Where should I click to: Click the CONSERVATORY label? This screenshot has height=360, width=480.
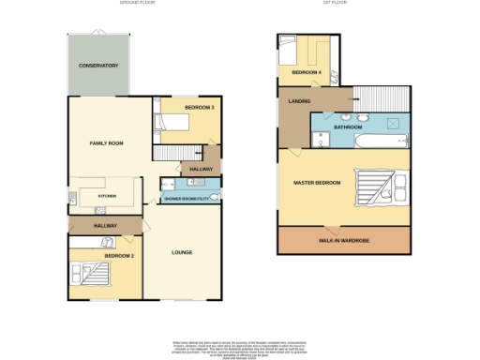(98, 66)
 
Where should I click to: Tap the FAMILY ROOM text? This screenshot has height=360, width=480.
(107, 142)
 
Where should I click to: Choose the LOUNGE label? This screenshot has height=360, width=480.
(182, 253)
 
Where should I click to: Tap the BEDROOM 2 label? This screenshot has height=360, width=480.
(119, 255)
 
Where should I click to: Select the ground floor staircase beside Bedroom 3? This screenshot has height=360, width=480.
(175, 153)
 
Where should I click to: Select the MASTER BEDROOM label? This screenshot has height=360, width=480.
(316, 182)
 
